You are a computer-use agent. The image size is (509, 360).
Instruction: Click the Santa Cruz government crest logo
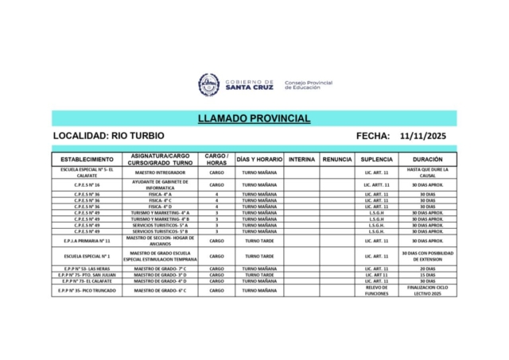[209, 84]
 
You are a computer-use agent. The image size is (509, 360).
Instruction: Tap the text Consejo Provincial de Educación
[308, 84]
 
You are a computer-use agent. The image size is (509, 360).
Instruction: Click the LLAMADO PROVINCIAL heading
[254, 118]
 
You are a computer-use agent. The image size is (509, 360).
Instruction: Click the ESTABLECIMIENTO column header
[87, 159]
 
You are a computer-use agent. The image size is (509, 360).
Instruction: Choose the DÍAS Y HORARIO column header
[260, 159]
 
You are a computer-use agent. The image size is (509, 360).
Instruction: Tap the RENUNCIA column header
[337, 159]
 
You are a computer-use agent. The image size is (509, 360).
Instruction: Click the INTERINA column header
[301, 159]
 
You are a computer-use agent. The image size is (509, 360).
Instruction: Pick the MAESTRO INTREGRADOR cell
[162, 172]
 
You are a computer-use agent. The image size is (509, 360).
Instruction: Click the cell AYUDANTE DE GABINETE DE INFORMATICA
[162, 184]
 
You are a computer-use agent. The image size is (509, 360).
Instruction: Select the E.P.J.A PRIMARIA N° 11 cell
[87, 239]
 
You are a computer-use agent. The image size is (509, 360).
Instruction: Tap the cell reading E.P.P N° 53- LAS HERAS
[87, 269]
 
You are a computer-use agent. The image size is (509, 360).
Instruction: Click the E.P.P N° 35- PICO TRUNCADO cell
[87, 290]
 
